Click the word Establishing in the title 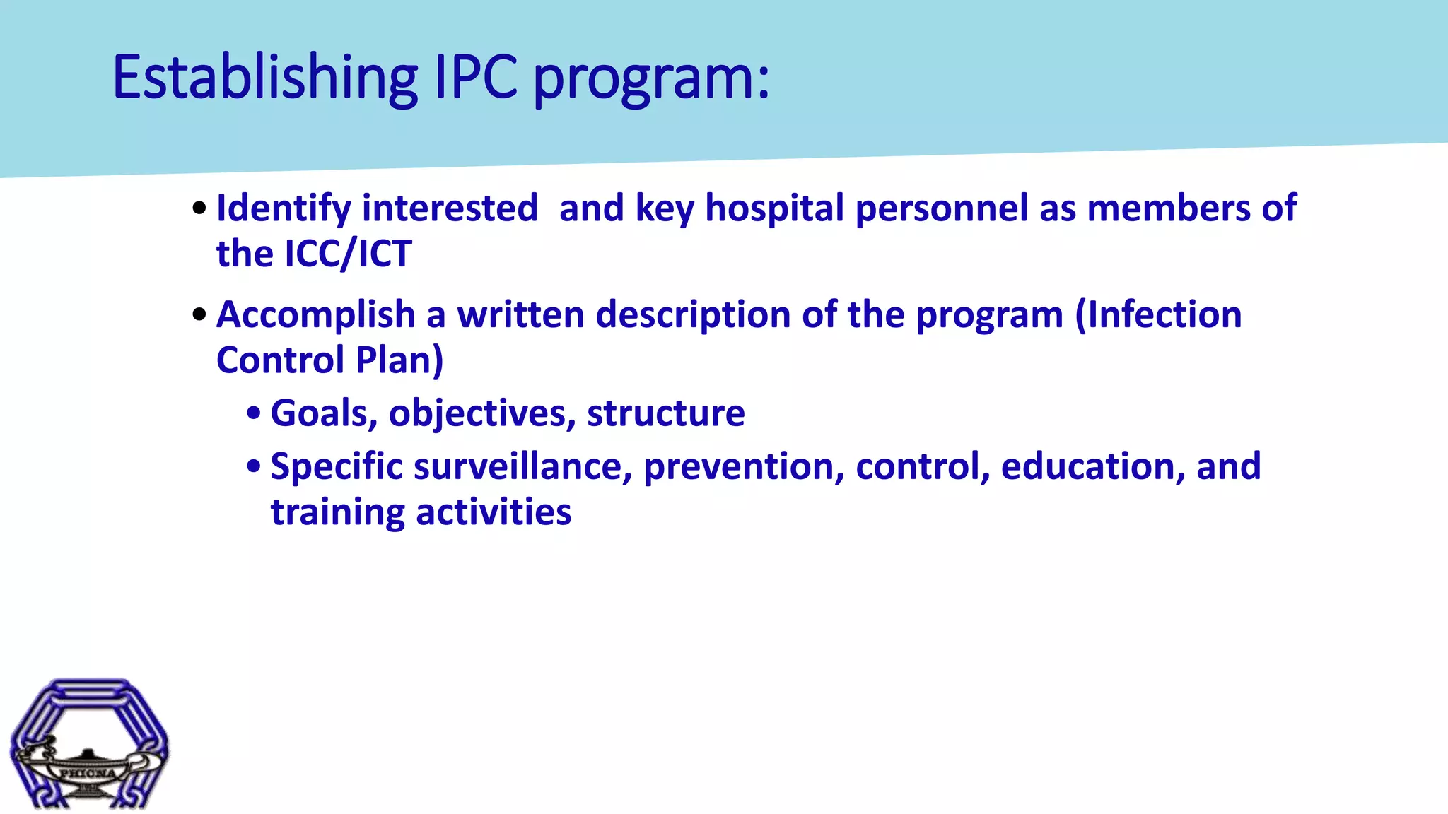pos(266,78)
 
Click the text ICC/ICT pos(348,254)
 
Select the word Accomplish pos(315,315)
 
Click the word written pos(521,314)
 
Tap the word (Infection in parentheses pos(1158,314)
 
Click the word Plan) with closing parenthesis pos(399,360)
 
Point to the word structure pos(666,413)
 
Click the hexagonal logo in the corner pos(89,743)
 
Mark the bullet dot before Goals pos(253,413)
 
